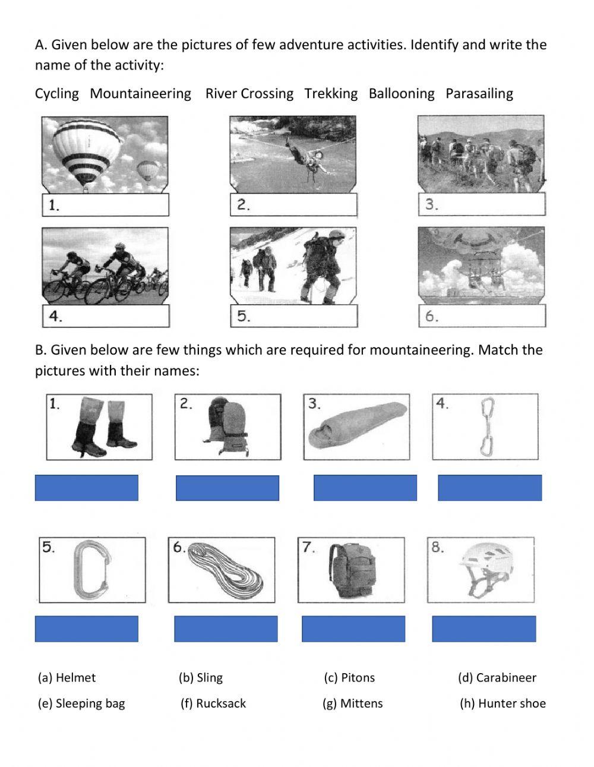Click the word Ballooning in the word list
click(402, 93)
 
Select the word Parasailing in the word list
click(479, 93)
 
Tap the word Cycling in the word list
click(57, 93)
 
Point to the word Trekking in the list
click(331, 93)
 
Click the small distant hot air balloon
click(147, 171)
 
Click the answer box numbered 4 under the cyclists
click(106, 316)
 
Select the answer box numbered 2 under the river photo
click(293, 204)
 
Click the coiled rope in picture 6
click(225, 570)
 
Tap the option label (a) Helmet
click(67, 678)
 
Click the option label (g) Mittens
click(352, 703)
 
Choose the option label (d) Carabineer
click(497, 678)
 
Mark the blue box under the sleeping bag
click(365, 488)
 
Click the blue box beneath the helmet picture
click(484, 629)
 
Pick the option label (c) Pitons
click(349, 678)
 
